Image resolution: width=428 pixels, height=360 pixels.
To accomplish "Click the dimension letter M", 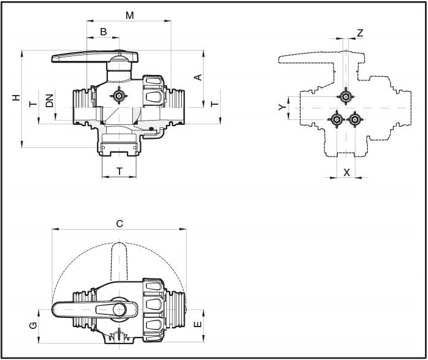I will [x=130, y=15].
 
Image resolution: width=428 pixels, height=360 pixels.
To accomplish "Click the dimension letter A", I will [x=197, y=77].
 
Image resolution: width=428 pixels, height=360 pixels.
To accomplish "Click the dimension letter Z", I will [x=360, y=33].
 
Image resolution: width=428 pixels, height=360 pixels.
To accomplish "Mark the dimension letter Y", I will [x=281, y=107].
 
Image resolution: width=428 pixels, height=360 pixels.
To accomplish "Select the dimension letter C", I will [x=119, y=224].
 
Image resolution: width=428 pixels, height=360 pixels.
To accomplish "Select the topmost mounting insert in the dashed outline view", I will [x=346, y=97].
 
